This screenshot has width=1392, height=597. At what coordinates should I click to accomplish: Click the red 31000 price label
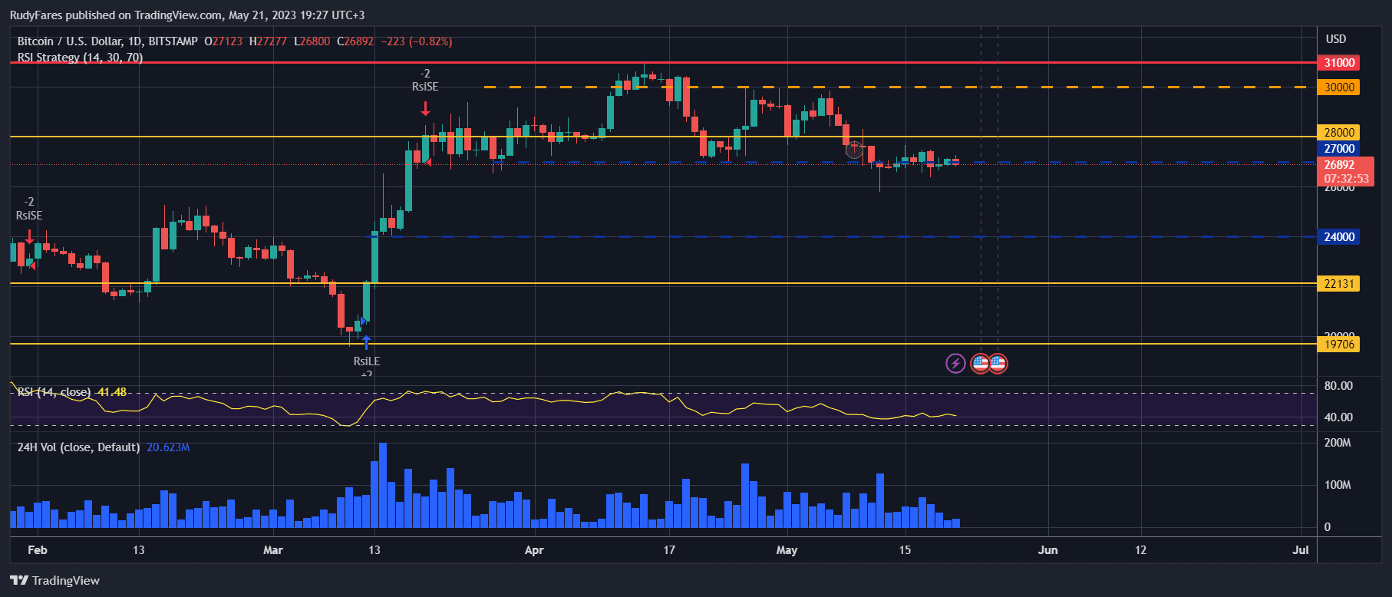[x=1339, y=63]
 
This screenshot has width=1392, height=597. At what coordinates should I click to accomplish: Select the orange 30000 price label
[x=1339, y=87]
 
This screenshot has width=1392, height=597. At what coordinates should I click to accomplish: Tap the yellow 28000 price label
[x=1339, y=133]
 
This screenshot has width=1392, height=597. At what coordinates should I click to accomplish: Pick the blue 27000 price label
[x=1339, y=149]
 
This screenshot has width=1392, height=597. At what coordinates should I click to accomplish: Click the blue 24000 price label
[x=1339, y=237]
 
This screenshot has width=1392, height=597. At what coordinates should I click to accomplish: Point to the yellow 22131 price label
[x=1339, y=284]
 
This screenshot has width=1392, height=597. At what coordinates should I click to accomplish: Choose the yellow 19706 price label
[x=1339, y=345]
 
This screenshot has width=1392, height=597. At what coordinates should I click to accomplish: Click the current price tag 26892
[x=1339, y=165]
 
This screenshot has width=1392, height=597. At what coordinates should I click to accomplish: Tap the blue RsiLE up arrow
[x=366, y=342]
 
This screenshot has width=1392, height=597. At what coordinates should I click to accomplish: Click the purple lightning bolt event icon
[x=955, y=363]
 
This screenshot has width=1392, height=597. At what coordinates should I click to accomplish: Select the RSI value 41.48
[x=112, y=392]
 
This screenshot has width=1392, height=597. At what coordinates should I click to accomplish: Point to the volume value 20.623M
[x=168, y=447]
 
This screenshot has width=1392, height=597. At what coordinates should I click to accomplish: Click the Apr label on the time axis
[x=534, y=550]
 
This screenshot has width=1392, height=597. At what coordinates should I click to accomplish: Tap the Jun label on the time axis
[x=1047, y=550]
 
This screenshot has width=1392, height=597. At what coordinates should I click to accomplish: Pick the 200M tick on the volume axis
[x=1338, y=443]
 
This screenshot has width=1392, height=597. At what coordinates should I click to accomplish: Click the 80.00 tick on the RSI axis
[x=1338, y=386]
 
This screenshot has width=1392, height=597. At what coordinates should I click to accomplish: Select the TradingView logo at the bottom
[x=55, y=580]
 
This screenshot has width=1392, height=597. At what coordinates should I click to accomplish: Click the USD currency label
[x=1336, y=39]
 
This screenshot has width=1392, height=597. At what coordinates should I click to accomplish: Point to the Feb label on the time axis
[x=37, y=550]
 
